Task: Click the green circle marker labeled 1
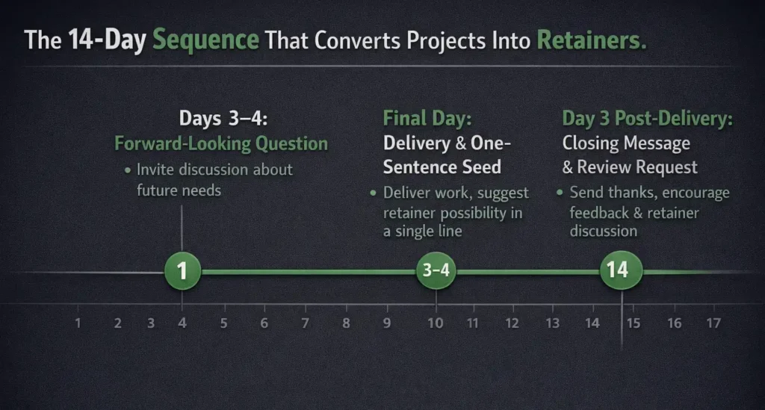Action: click(182, 270)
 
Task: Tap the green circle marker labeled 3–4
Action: click(436, 270)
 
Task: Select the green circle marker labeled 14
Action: click(621, 270)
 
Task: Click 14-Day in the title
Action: click(108, 40)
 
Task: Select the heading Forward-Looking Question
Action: click(221, 143)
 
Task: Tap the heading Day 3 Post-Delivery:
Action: click(647, 119)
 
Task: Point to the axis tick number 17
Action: click(713, 323)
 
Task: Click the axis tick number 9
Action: click(387, 323)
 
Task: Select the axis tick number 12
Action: click(512, 323)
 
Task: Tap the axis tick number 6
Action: click(264, 323)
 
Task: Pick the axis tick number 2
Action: click(118, 323)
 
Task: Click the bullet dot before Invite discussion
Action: click(128, 170)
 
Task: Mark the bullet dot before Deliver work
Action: click(374, 193)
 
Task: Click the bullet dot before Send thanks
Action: click(560, 193)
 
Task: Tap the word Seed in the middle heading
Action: click(478, 167)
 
